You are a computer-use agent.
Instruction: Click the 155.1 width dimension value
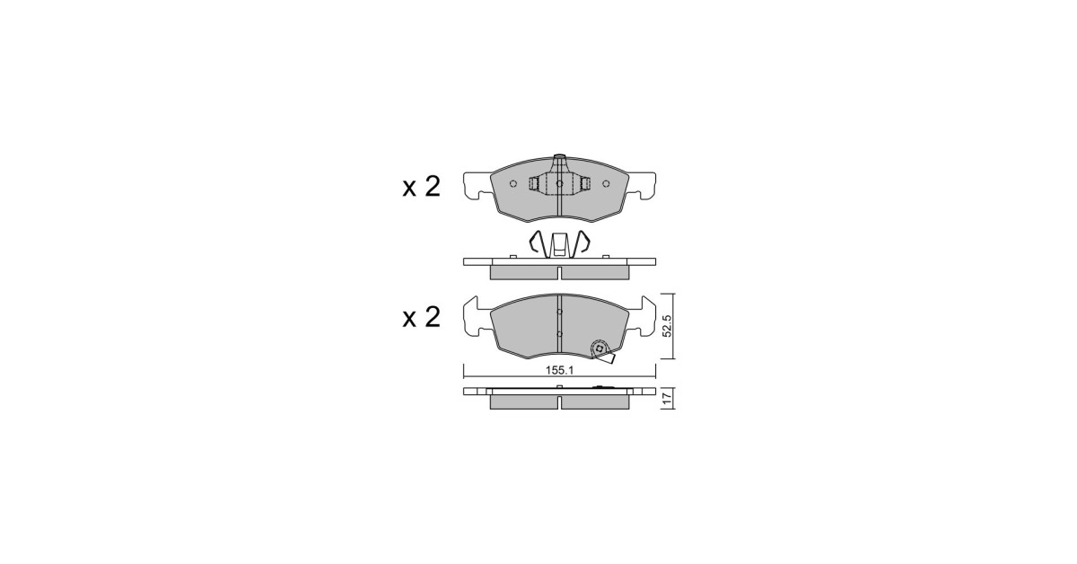pos(560,371)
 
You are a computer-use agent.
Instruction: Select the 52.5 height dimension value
pos(668,326)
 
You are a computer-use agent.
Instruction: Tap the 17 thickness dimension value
pos(667,399)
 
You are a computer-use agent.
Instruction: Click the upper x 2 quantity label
pos(421,186)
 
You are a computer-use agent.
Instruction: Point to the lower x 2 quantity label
pos(421,317)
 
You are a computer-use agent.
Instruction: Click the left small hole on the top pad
pos(513,183)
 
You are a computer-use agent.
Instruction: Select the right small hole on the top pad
pos(606,183)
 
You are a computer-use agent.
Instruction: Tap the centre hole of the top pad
pos(559,183)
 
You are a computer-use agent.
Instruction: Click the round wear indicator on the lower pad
pos(600,348)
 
